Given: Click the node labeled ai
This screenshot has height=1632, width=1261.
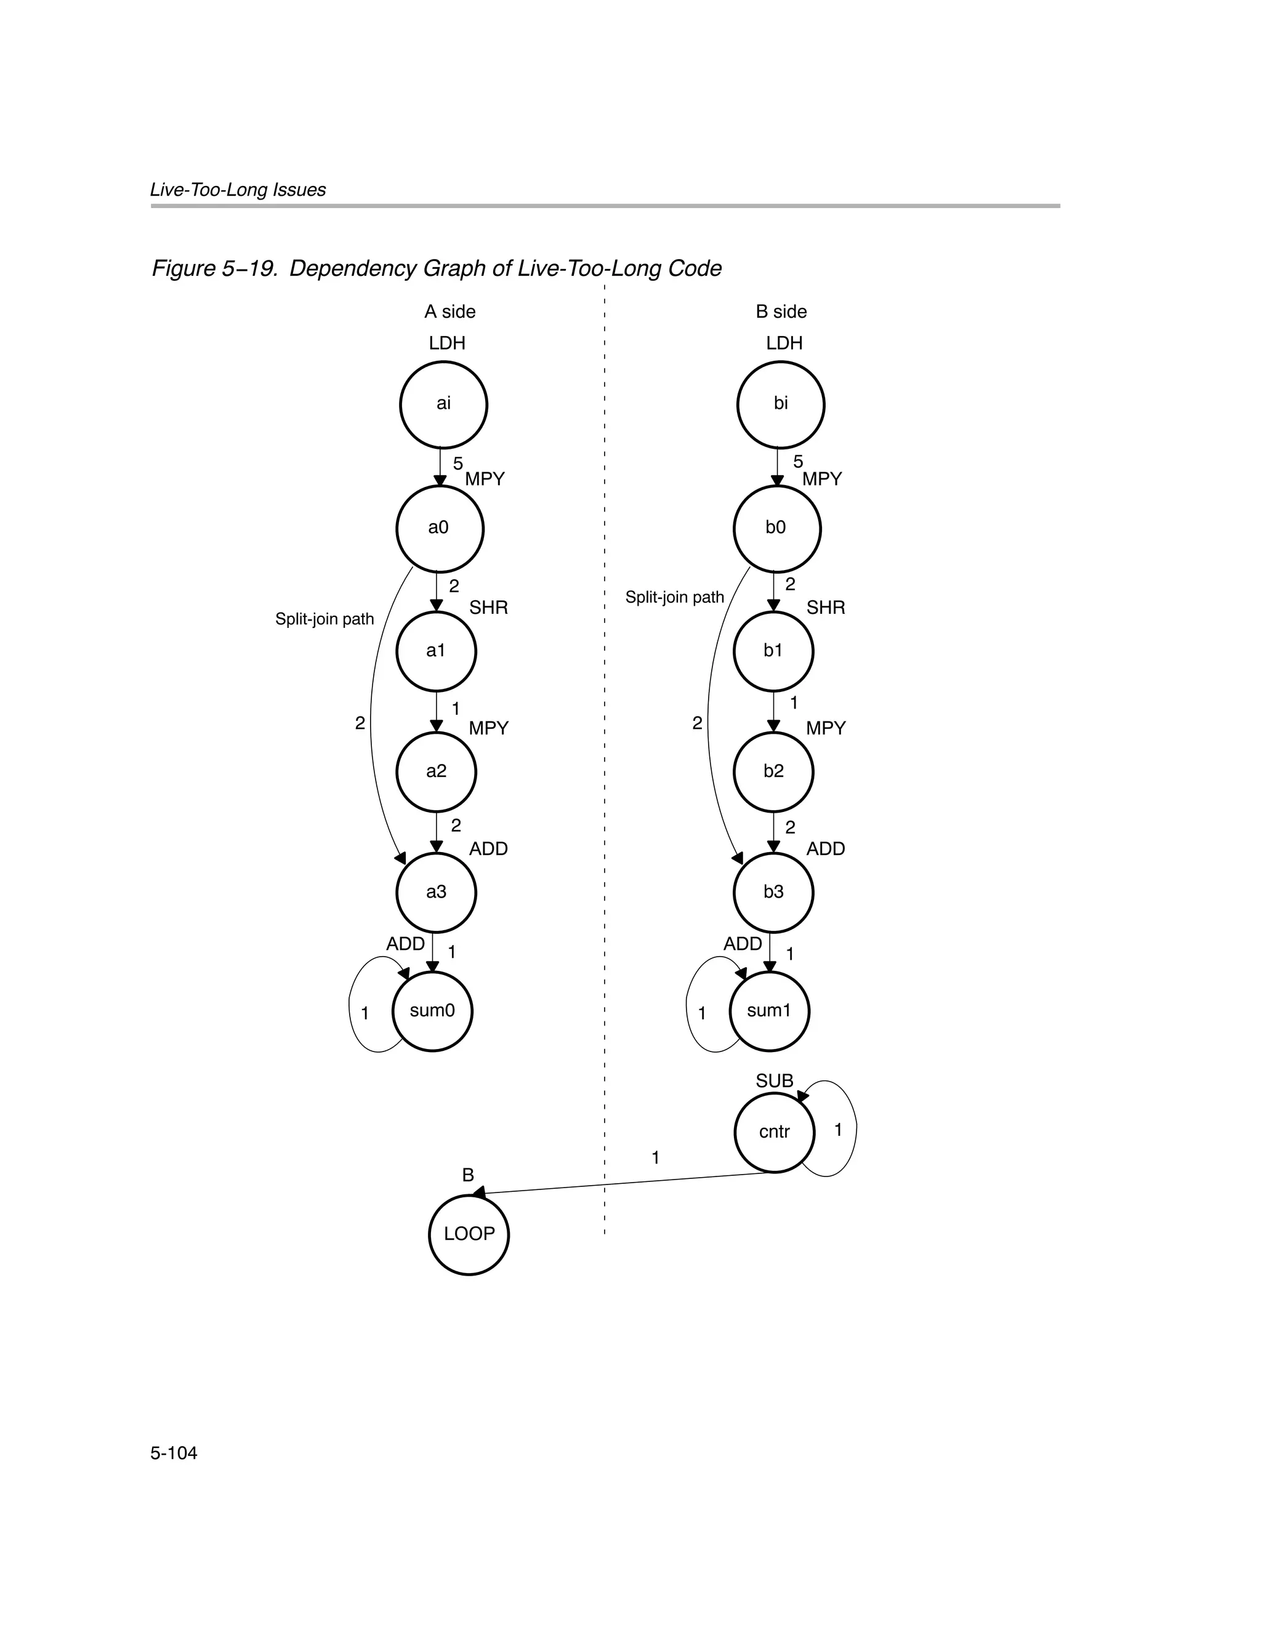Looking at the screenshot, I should pyautogui.click(x=443, y=404).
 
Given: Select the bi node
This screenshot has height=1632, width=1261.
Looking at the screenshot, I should pyautogui.click(x=780, y=404).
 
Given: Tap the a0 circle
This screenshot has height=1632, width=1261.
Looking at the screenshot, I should pyautogui.click(x=440, y=528).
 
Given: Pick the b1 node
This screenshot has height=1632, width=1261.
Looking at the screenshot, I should pyautogui.click(x=773, y=651).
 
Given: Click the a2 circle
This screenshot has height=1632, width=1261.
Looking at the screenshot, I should pyautogui.click(x=436, y=772).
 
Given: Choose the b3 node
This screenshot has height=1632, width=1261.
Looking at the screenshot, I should pyautogui.click(x=773, y=892).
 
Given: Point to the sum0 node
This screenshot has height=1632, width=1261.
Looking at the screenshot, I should pyautogui.click(x=433, y=1011).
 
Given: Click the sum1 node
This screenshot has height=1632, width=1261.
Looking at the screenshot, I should pyautogui.click(x=769, y=1011).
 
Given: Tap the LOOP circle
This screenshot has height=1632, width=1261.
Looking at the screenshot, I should pyautogui.click(x=469, y=1234).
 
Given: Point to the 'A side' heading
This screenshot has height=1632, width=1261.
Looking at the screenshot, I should pyautogui.click(x=450, y=312).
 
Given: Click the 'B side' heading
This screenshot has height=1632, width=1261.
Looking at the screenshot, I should pyautogui.click(x=781, y=312).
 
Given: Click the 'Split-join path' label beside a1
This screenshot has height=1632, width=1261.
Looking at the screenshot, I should pyautogui.click(x=324, y=619).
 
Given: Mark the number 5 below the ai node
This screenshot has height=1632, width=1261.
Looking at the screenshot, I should pyautogui.click(x=457, y=464).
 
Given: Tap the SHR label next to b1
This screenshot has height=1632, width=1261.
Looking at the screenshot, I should pyautogui.click(x=825, y=608).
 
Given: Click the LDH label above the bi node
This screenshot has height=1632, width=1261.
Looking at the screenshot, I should pyautogui.click(x=784, y=343).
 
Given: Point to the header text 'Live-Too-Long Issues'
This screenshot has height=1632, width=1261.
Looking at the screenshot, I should pyautogui.click(x=238, y=190).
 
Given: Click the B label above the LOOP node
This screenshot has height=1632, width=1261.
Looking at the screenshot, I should pyautogui.click(x=468, y=1175).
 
